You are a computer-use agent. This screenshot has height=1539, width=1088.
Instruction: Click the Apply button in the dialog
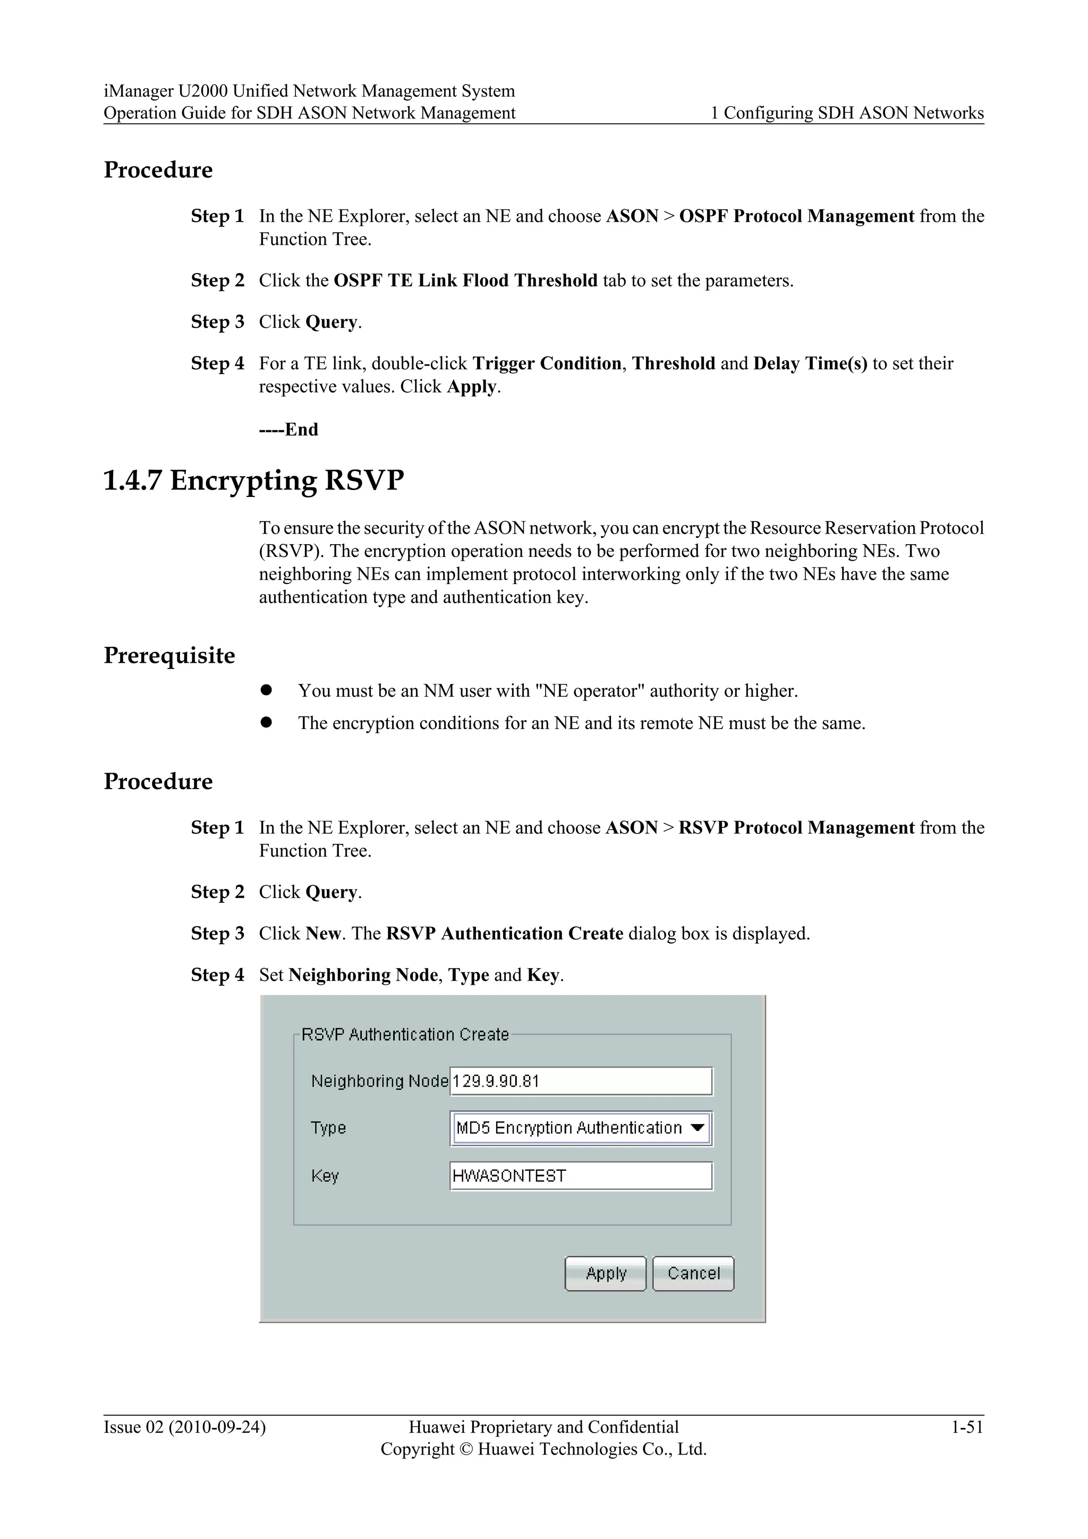pos(605,1274)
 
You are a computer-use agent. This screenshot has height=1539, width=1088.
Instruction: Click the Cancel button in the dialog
pos(693,1274)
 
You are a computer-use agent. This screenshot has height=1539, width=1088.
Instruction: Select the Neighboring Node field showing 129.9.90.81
pos(581,1081)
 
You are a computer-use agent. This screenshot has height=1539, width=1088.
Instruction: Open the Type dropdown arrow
pos(698,1128)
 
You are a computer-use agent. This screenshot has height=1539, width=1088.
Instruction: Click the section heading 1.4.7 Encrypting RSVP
pos(254,480)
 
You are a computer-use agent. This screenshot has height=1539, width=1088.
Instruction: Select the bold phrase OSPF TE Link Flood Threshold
pos(465,280)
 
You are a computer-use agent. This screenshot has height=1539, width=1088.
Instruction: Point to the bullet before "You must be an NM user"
pos(266,690)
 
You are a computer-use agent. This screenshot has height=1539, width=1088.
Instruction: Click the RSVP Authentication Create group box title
pos(405,1034)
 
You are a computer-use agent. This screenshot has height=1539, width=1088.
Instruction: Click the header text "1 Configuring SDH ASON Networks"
pos(847,113)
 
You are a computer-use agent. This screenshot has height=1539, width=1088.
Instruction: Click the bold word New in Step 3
pos(322,933)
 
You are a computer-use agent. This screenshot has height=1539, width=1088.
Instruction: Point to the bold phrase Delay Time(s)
pos(810,363)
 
